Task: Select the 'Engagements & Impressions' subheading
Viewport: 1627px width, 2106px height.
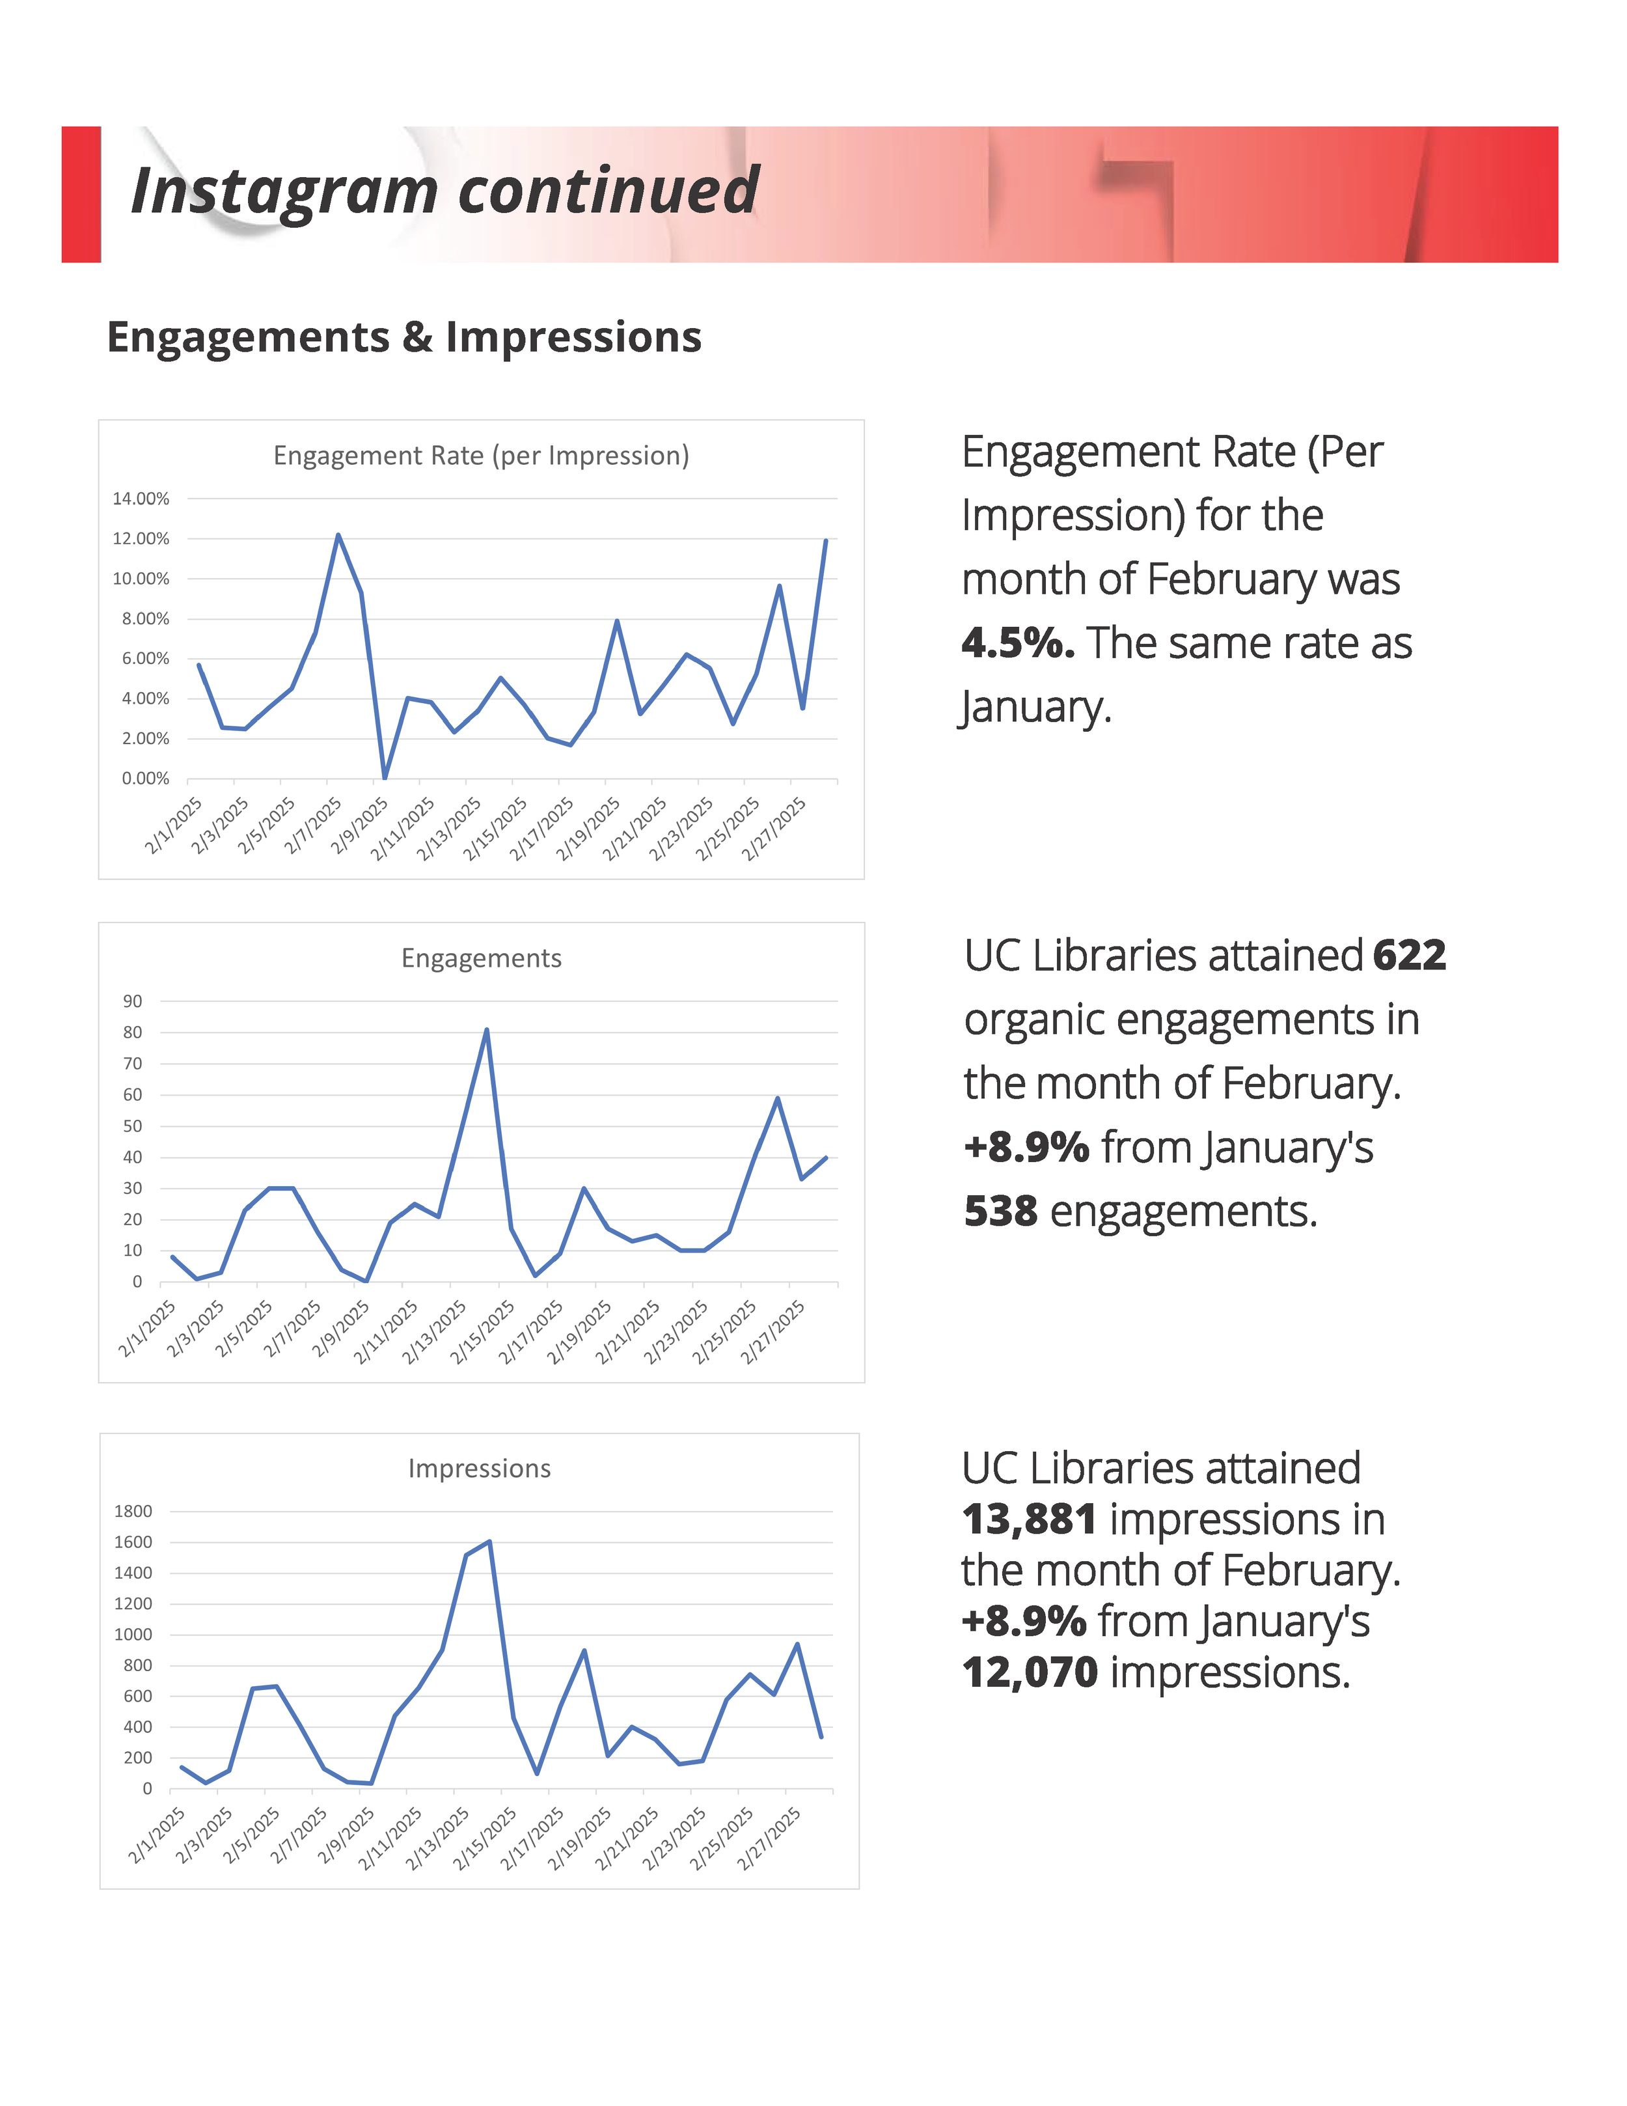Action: pos(404,337)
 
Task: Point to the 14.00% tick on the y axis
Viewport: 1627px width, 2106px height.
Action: pos(141,499)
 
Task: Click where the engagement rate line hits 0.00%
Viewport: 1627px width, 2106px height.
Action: pos(385,777)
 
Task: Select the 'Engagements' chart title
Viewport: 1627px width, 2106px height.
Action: pos(481,958)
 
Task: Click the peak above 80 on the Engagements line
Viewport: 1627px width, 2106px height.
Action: pos(487,1030)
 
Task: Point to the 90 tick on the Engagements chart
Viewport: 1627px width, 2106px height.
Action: pos(132,1001)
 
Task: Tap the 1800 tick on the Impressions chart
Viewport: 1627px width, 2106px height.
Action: pos(133,1511)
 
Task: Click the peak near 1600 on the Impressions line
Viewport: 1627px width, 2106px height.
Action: pos(489,1541)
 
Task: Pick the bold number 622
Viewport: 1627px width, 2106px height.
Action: pos(1409,956)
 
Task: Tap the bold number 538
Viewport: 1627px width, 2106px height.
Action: pos(1000,1211)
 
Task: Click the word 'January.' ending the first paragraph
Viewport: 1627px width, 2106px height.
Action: pos(1036,707)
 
